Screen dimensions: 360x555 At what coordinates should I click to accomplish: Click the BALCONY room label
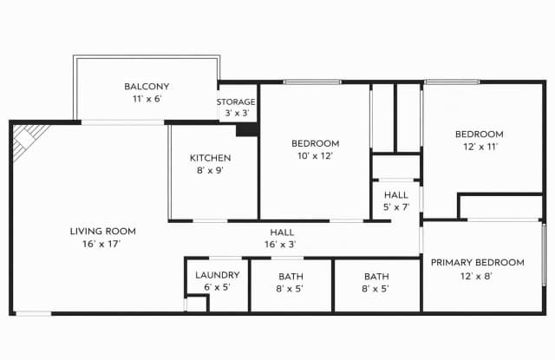[x=147, y=87]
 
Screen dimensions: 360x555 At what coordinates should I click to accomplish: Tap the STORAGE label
[x=236, y=101]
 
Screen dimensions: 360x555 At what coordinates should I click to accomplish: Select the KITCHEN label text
[x=211, y=158]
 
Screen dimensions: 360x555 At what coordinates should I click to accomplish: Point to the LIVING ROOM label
[x=102, y=232]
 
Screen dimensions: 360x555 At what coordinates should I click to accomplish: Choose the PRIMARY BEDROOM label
[x=477, y=263]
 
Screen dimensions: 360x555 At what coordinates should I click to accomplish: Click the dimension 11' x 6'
[x=146, y=100]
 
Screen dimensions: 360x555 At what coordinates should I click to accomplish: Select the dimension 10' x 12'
[x=314, y=156]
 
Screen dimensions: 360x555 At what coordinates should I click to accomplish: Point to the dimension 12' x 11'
[x=480, y=147]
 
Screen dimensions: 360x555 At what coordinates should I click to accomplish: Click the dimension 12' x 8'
[x=477, y=277]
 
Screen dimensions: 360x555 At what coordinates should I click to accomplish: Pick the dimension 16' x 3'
[x=282, y=245]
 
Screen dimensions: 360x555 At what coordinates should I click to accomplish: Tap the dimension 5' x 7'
[x=395, y=207]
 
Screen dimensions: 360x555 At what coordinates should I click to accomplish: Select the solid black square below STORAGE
[x=247, y=128]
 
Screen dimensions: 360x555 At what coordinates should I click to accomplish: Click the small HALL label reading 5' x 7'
[x=395, y=195]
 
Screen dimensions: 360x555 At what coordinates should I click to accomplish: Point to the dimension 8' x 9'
[x=210, y=171]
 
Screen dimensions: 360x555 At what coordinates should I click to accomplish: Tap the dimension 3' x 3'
[x=236, y=114]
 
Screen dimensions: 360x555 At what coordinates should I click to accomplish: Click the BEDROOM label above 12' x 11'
[x=480, y=134]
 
